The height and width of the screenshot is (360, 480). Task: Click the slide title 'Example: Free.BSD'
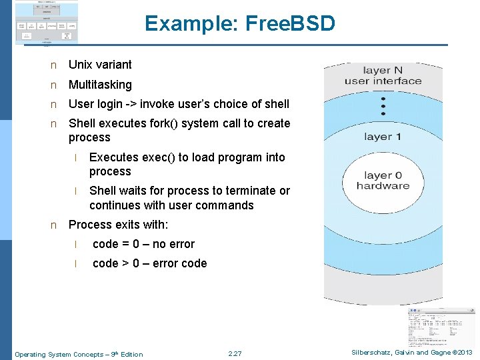click(240, 24)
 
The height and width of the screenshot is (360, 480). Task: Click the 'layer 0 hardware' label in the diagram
click(383, 181)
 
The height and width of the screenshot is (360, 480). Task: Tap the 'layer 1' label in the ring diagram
click(383, 137)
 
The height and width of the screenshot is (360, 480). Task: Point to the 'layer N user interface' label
click(383, 76)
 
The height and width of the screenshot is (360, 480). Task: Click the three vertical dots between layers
click(383, 106)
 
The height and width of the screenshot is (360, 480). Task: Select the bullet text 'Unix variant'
click(100, 65)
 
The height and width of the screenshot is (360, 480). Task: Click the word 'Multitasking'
click(100, 85)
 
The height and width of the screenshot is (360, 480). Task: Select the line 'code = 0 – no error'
click(143, 244)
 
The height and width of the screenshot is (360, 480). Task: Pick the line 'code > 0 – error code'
click(149, 263)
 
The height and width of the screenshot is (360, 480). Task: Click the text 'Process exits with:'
click(118, 225)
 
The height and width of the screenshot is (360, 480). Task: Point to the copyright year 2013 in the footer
click(464, 353)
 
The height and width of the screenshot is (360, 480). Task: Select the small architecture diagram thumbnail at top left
click(46, 23)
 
